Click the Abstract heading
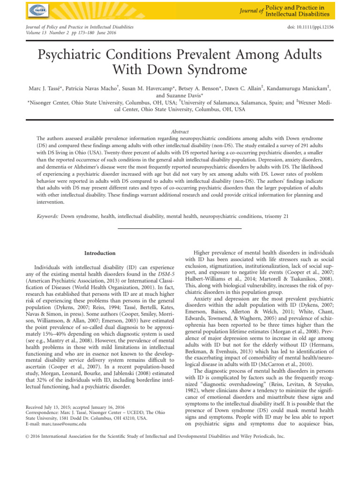pos(180,133)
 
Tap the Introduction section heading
pos(99,253)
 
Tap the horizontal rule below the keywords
pos(180,228)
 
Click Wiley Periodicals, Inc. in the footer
pos(262,436)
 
